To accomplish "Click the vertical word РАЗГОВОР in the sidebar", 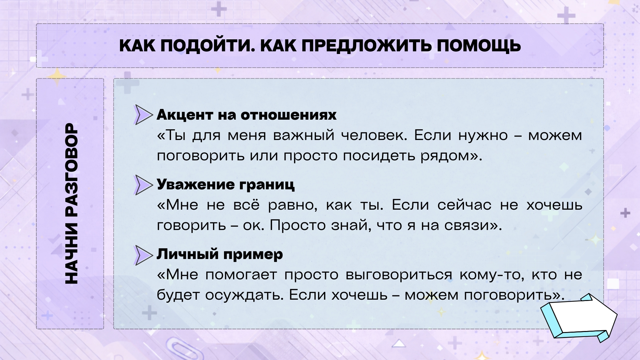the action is (71, 171).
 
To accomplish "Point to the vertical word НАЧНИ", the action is (71, 254).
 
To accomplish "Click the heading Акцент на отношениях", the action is (247, 115).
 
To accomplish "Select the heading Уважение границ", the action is (226, 184).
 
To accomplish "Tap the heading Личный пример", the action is (220, 254).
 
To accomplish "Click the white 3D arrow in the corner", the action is (579, 318).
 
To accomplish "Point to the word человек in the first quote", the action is (374, 135).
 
